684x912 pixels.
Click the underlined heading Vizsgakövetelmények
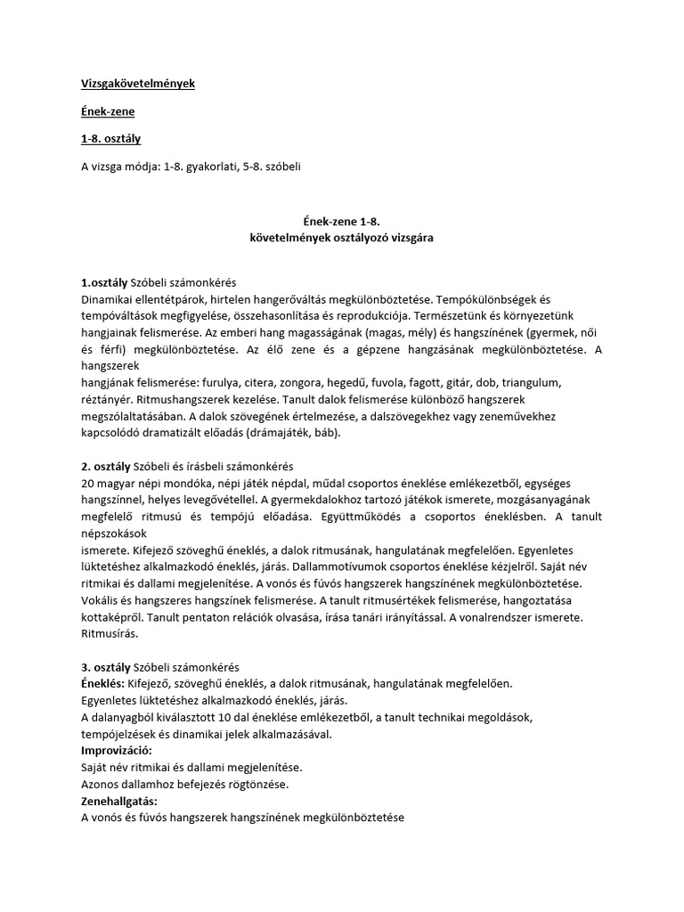137,84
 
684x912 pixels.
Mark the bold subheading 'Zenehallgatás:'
118,802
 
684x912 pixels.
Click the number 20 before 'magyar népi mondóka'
87,483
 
